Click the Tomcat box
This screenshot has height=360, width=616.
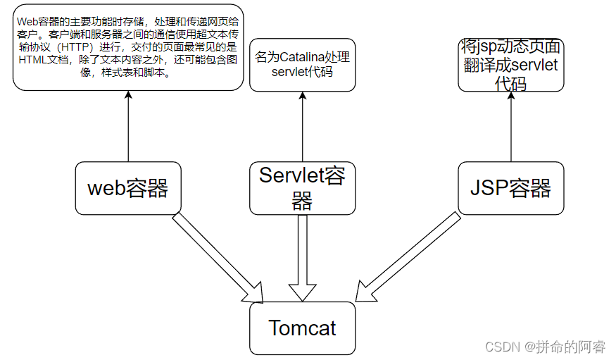[x=302, y=328]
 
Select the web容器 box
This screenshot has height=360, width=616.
[x=127, y=188]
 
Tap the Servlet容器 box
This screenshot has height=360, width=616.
[x=302, y=188]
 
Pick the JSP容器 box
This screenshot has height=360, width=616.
[x=510, y=188]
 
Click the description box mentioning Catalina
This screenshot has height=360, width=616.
[x=302, y=65]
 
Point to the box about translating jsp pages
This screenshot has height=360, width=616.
[x=510, y=66]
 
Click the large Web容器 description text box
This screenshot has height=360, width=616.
[x=127, y=47]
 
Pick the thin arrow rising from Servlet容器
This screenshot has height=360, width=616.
[x=303, y=127]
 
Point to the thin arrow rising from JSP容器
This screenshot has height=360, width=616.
[x=511, y=127]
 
